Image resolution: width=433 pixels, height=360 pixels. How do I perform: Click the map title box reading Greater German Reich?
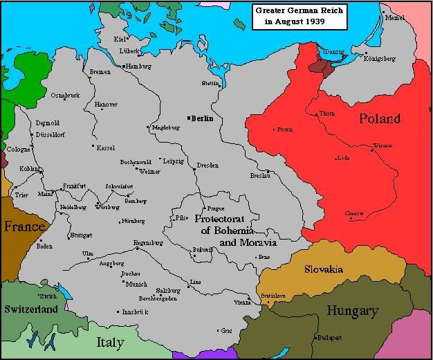pos(300,16)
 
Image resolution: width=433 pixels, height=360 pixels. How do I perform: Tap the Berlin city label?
pos(201,118)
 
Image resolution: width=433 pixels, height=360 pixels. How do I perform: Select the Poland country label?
pos(379,118)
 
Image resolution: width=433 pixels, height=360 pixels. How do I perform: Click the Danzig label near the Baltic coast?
pos(333,51)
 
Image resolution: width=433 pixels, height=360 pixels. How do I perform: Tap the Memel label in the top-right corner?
pos(396,17)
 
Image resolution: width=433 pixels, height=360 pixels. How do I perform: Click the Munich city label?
pos(136,284)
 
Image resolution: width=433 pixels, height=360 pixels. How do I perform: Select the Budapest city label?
pos(330,337)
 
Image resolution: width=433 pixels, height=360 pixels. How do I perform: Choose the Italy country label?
pos(110,342)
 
